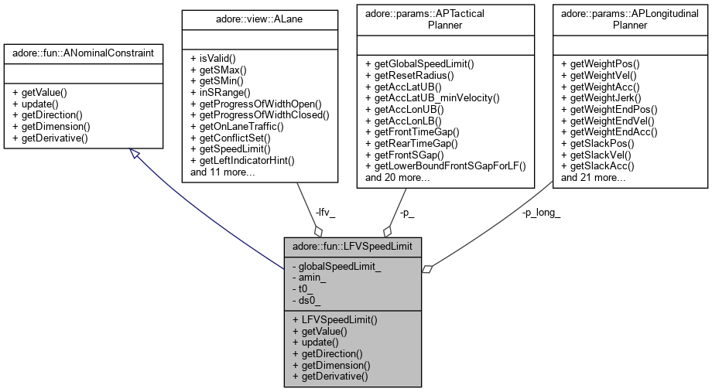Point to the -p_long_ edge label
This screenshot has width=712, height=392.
coord(541,213)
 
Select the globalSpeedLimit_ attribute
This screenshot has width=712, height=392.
coord(336,265)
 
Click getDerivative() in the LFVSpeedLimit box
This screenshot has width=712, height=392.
coord(330,376)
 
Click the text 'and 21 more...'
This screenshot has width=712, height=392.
coord(594,177)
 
